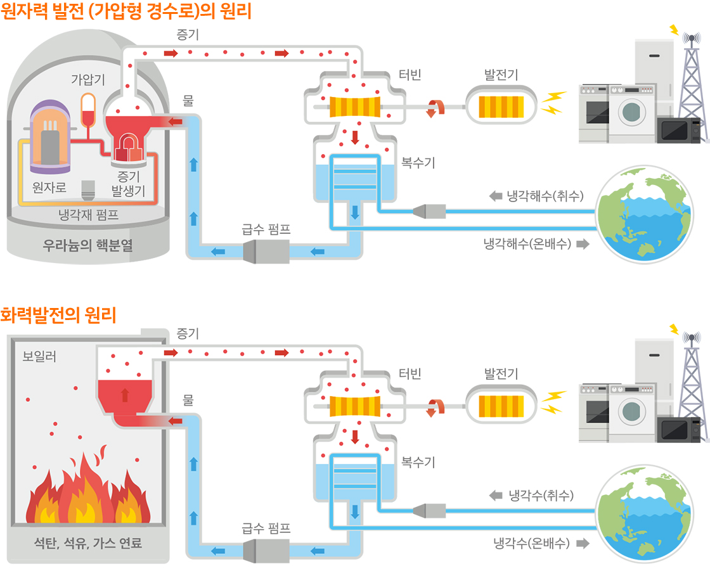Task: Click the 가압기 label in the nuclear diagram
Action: (x=87, y=80)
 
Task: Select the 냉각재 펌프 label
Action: (x=88, y=215)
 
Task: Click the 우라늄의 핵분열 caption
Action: (x=88, y=245)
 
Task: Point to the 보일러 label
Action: (x=39, y=356)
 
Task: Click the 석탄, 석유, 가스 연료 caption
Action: (x=88, y=543)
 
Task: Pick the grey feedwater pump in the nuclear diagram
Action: (x=266, y=252)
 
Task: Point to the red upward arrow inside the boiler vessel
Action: (x=125, y=395)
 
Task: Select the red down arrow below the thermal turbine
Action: (x=355, y=436)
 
